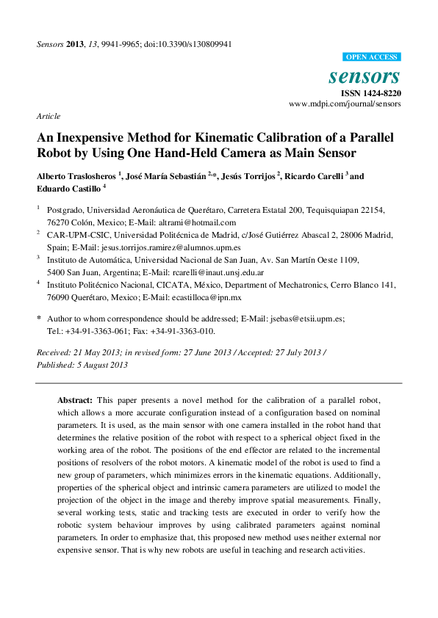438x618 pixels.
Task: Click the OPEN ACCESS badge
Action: [x=371, y=57]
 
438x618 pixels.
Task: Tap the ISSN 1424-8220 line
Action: [x=370, y=93]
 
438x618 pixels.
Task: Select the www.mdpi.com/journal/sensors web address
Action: [x=345, y=104]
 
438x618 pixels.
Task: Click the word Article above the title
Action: [x=48, y=116]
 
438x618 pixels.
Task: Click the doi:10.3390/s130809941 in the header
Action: [x=188, y=44]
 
